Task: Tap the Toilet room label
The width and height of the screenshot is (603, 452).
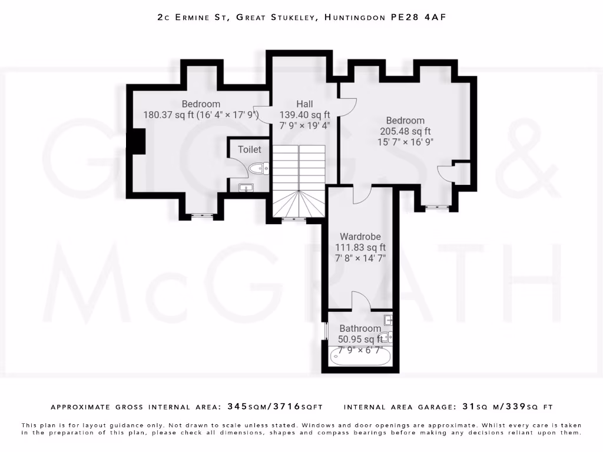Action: (249, 149)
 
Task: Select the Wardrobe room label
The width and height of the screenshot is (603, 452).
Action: (360, 237)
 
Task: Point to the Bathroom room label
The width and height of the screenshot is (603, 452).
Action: (360, 328)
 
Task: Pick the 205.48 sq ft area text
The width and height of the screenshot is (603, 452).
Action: (405, 131)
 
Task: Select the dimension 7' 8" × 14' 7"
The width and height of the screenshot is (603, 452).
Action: (360, 258)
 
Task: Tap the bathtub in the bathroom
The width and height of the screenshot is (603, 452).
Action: (357, 356)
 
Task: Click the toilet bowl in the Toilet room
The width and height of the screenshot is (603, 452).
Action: (257, 169)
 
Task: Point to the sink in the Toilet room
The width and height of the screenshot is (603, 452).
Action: (246, 188)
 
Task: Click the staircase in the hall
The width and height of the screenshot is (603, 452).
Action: (299, 182)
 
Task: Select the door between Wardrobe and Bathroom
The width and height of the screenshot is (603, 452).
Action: (361, 301)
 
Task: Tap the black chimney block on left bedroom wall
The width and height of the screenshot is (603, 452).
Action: (137, 141)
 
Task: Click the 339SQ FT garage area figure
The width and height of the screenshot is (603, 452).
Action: (528, 407)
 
